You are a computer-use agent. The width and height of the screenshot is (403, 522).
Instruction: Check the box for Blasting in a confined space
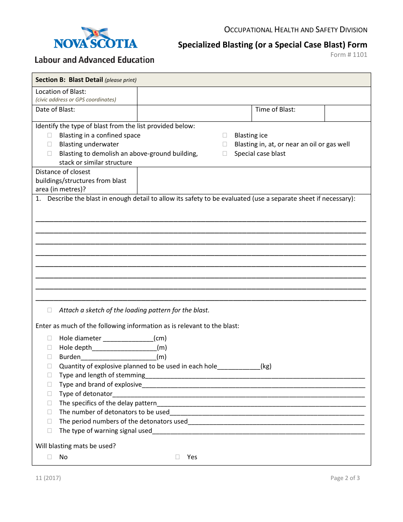point(50,135)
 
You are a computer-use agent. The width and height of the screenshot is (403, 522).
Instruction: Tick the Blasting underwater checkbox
point(50,144)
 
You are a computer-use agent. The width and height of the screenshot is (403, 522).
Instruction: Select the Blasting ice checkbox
point(225,135)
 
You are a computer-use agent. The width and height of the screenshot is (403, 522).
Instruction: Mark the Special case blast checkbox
point(225,154)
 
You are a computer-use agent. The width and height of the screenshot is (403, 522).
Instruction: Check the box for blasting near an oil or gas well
point(225,144)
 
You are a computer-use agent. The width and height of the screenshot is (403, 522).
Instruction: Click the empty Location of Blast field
point(254,96)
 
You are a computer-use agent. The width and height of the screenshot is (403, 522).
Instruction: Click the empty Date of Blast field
point(194,113)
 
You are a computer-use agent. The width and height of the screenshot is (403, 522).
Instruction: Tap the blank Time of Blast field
point(347,113)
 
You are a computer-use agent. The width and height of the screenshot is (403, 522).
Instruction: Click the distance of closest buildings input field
point(254,180)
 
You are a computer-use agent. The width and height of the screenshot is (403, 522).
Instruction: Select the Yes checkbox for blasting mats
point(178,457)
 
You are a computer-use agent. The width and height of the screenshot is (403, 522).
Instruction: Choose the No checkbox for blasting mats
point(50,457)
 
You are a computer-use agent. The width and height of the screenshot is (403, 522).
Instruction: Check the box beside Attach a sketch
point(50,310)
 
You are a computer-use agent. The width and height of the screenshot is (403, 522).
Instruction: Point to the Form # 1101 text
point(349,55)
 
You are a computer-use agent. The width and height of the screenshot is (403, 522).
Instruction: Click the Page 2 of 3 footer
point(345,478)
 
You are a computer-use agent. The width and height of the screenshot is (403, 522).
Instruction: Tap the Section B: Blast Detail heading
point(69,80)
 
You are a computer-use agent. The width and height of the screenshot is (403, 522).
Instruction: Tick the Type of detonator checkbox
point(50,394)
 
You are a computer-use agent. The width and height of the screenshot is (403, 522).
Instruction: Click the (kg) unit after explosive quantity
point(266,366)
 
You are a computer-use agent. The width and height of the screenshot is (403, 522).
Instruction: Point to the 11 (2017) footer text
point(48,478)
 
